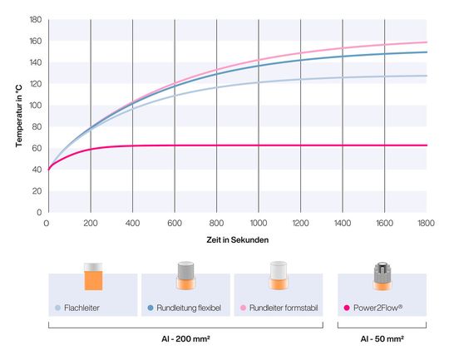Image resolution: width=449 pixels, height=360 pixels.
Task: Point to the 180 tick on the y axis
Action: pos(36,20)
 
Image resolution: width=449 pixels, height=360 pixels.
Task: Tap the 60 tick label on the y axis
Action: pos(37,148)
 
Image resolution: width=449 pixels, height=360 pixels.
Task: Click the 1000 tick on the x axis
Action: pos(259,223)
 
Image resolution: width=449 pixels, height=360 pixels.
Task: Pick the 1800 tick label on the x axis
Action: pos(426,223)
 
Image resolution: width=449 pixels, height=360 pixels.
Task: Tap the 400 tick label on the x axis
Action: pos(133,223)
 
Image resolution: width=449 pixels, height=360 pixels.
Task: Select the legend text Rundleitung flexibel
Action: pos(187,307)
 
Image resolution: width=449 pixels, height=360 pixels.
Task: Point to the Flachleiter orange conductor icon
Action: pos(92,278)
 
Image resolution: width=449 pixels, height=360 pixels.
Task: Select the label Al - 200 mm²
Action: pos(185,340)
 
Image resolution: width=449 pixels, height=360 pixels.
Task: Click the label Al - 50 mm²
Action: pos(382,340)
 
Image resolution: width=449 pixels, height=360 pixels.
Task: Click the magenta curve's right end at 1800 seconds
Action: pos(427,145)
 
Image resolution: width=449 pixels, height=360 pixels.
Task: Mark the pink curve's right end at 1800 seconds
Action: pos(427,42)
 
